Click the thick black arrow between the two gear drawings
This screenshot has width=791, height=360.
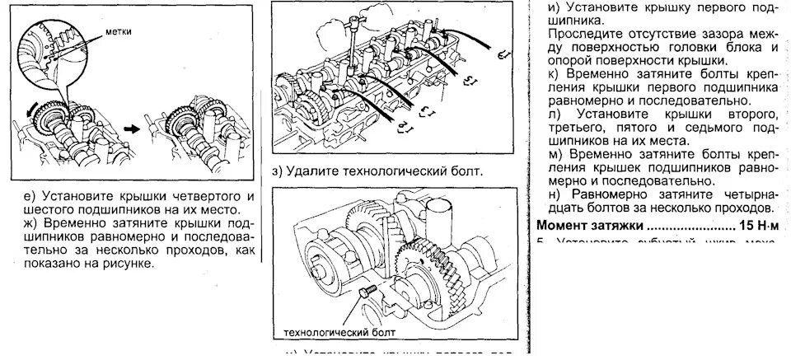pyautogui.click(x=130, y=128)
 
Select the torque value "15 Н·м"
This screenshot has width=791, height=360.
pyautogui.click(x=758, y=225)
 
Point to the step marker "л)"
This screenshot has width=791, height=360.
pyautogui.click(x=554, y=112)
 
